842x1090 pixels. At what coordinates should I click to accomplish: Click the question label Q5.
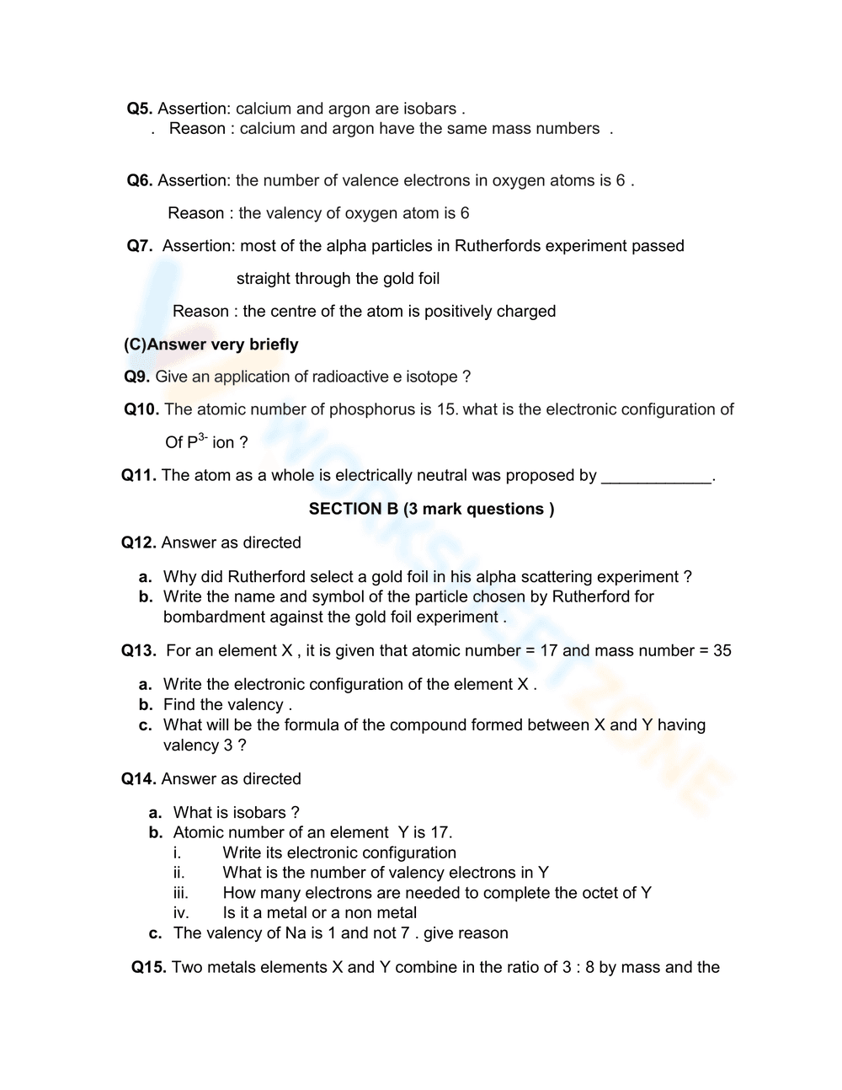tap(140, 109)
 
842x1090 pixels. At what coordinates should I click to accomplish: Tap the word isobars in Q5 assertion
tap(429, 109)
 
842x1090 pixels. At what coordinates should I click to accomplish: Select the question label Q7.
tap(140, 246)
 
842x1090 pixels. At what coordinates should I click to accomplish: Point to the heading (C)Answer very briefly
tap(210, 345)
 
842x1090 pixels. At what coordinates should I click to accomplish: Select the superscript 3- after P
tap(203, 437)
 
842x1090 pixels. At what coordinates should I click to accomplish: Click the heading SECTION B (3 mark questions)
tap(431, 509)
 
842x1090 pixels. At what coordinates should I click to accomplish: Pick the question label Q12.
tap(139, 542)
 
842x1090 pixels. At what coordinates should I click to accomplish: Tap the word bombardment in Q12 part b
tap(214, 617)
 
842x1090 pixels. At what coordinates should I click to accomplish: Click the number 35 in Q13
tap(722, 650)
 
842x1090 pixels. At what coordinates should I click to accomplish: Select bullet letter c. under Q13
tap(146, 725)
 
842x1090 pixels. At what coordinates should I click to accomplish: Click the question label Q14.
tap(139, 779)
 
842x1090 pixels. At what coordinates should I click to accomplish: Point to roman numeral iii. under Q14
tap(181, 893)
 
